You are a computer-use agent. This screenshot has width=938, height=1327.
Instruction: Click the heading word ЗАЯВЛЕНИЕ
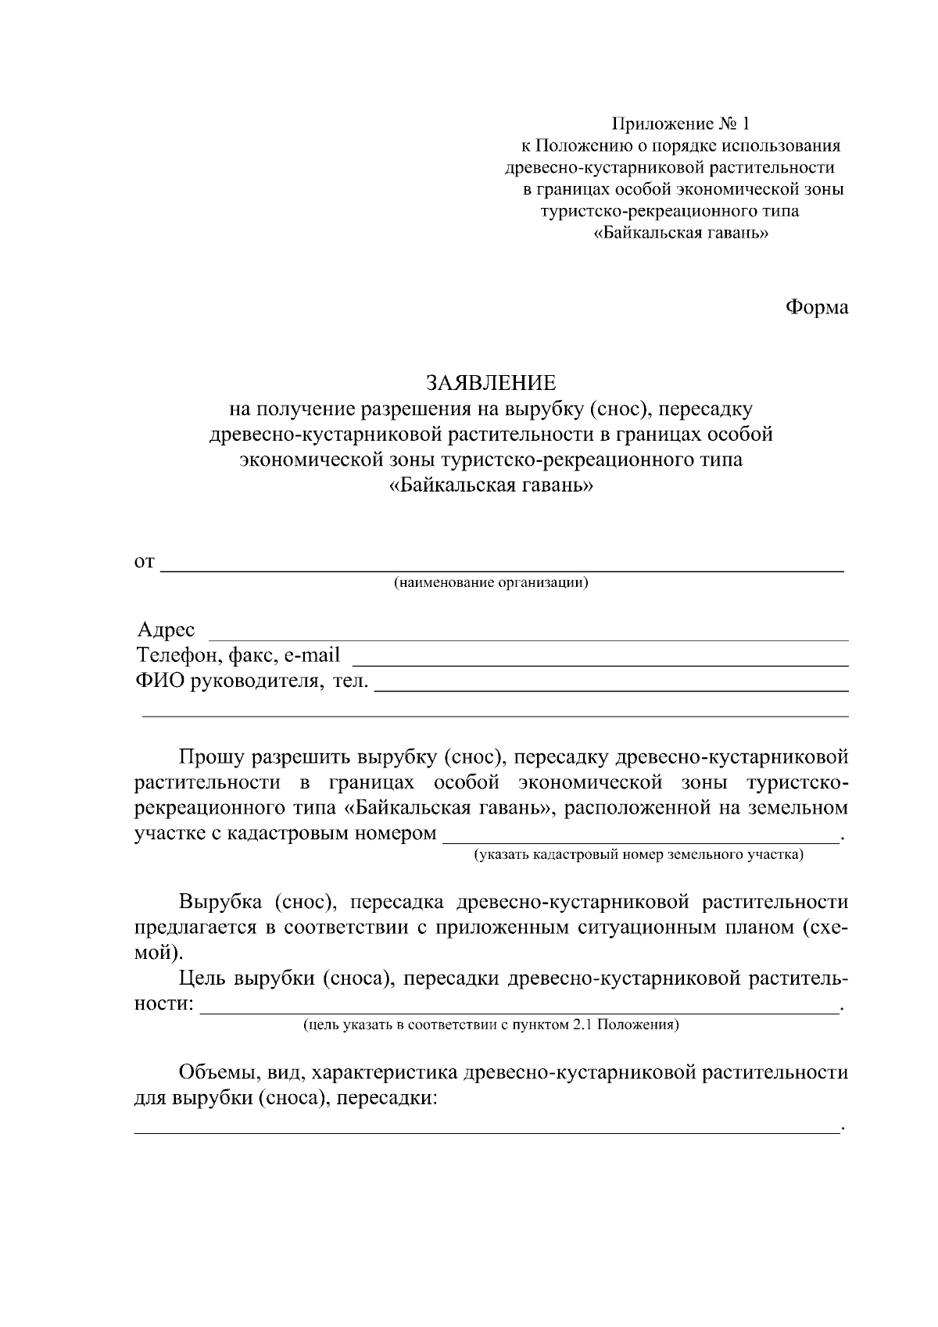coord(490,382)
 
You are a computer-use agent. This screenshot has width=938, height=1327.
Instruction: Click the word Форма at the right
coord(816,308)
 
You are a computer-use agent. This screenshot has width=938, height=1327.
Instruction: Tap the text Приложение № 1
coord(679,123)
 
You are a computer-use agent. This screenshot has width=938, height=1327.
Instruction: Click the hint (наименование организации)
coord(490,583)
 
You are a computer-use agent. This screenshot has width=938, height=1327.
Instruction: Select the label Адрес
coord(166,630)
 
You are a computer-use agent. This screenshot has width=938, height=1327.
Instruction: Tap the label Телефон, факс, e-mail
coord(238,655)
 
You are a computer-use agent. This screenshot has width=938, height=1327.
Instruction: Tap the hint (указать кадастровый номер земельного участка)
coord(638,855)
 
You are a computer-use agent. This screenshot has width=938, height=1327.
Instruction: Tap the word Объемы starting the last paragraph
coord(216,1072)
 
